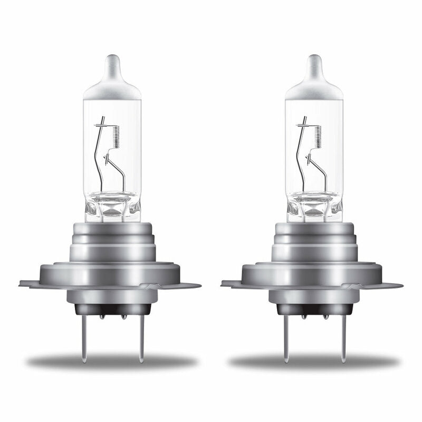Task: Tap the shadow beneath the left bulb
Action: [112, 362]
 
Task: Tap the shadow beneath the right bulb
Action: [314, 362]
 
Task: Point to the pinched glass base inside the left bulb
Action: [112, 206]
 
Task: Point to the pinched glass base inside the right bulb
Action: [314, 206]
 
